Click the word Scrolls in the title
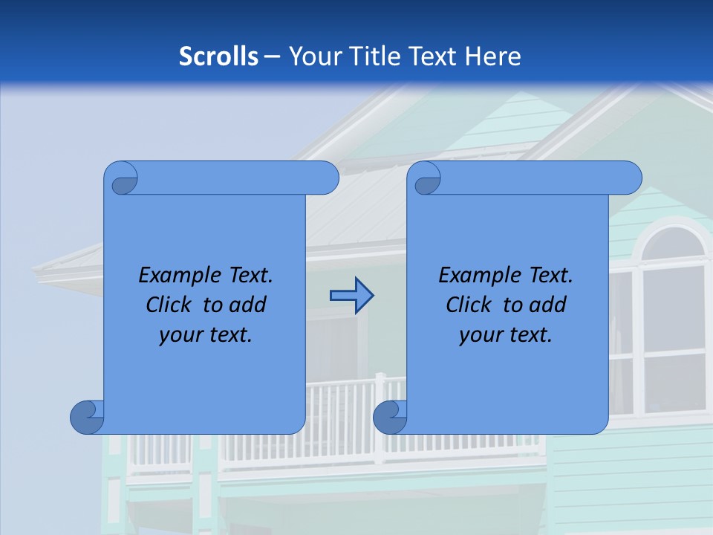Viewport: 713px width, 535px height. click(218, 56)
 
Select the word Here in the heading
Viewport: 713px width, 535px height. click(492, 56)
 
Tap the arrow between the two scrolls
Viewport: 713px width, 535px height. click(351, 296)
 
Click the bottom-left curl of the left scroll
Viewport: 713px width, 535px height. click(87, 417)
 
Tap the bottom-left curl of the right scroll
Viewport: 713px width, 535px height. click(390, 417)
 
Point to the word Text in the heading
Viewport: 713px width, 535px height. click(434, 56)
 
